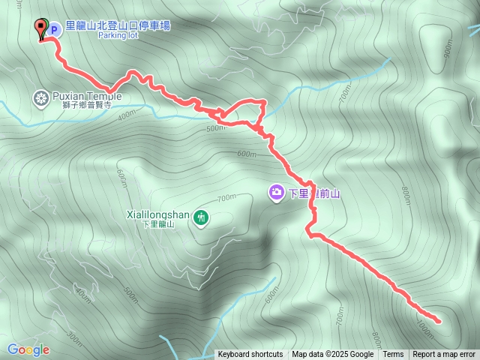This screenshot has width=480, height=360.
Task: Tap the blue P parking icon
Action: point(54,29)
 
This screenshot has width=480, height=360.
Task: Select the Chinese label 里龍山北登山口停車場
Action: point(118,25)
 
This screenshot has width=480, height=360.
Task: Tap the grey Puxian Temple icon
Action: point(40,97)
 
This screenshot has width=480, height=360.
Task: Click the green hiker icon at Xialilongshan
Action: point(201,218)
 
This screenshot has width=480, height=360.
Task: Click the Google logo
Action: point(28,349)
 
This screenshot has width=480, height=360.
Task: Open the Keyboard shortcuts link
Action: point(250,355)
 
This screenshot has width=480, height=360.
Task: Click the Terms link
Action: point(393,355)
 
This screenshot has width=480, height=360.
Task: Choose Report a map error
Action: point(444,355)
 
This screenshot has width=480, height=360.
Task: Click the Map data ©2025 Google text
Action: point(332,355)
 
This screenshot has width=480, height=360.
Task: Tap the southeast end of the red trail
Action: point(438,321)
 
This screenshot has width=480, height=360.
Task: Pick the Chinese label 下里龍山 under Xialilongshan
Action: point(157,224)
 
